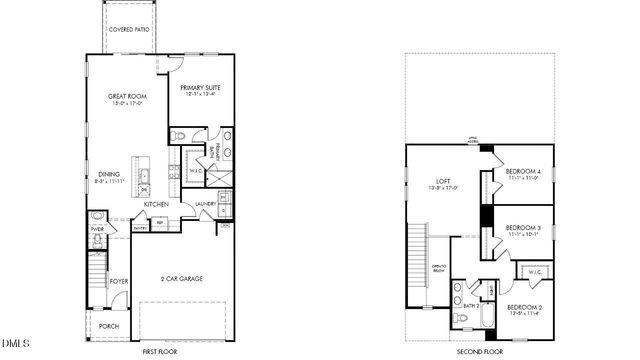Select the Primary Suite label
200,88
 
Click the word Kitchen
155,205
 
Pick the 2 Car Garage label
183,278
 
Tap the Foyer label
119,282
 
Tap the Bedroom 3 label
522,229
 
